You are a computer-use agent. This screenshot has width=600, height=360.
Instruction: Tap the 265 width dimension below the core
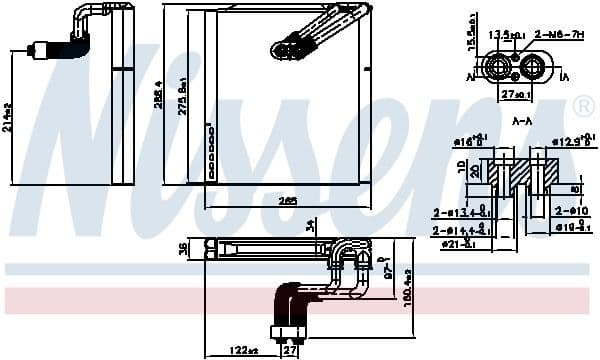(288, 201)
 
